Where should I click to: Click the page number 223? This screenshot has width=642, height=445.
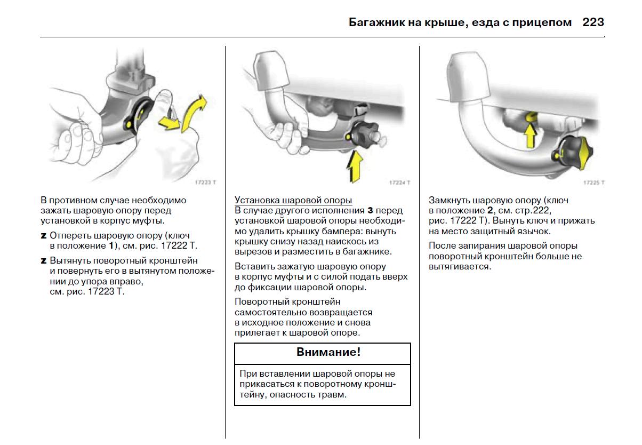point(593,22)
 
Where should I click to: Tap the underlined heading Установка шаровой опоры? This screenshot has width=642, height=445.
point(293,200)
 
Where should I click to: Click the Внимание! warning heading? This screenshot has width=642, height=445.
point(323,353)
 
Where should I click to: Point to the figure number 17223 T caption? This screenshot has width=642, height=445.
point(205,182)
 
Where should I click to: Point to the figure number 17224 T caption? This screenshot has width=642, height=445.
point(399,182)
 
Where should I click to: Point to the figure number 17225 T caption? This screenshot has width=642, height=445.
point(594,182)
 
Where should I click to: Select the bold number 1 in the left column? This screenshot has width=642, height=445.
point(111,245)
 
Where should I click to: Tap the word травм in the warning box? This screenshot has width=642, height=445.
point(333,395)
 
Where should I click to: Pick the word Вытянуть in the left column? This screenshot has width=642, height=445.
point(70,261)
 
